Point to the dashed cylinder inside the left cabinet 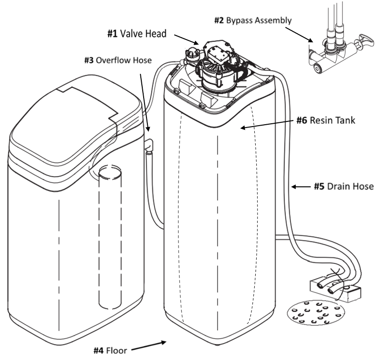point(108,235)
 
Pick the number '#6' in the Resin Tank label point(302,120)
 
